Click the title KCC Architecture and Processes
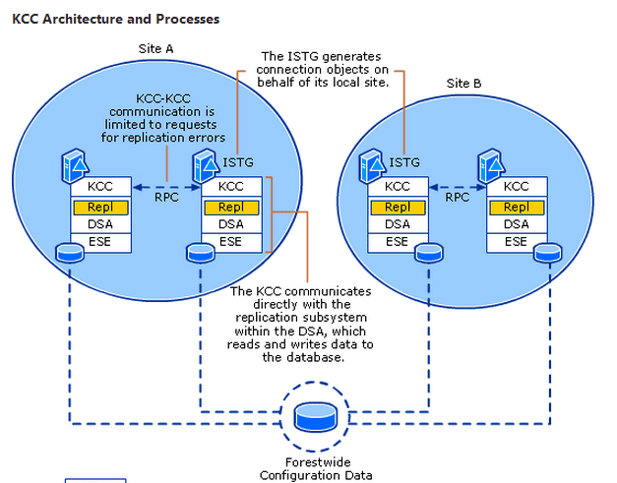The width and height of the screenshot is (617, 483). [x=116, y=19]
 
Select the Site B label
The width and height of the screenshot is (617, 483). [x=463, y=84]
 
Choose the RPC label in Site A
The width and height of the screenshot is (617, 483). [x=166, y=197]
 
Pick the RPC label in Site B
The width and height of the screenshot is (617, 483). [x=458, y=197]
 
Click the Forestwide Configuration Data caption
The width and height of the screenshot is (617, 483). [x=316, y=469]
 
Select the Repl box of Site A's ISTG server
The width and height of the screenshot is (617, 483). [x=231, y=207]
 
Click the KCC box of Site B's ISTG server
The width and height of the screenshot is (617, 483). [x=398, y=186]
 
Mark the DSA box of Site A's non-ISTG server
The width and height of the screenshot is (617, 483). [x=100, y=224]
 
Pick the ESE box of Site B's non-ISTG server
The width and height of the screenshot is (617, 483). [x=516, y=242]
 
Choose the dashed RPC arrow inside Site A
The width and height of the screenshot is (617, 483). [x=165, y=186]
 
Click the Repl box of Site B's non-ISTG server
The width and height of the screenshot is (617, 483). [x=516, y=207]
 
